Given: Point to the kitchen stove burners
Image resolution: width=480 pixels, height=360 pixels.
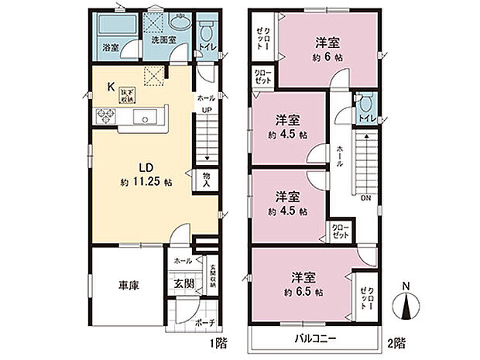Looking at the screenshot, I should pyautogui.click(x=105, y=117).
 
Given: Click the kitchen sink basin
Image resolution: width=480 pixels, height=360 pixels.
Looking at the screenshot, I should pyautogui.click(x=145, y=118).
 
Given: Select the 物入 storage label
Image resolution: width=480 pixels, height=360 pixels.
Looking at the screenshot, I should pyautogui.click(x=206, y=180).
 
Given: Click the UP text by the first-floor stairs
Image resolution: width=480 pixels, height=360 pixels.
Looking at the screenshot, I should pyautogui.click(x=207, y=110).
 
